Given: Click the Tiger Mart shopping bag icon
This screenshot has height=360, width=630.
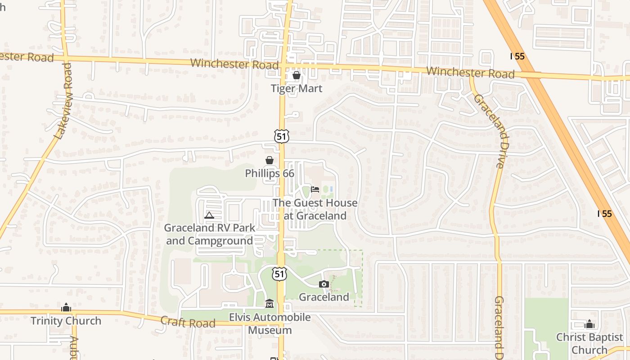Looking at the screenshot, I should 297,75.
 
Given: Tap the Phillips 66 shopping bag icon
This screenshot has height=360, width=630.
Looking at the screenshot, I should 269,160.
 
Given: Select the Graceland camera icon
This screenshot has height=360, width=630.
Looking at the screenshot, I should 324,284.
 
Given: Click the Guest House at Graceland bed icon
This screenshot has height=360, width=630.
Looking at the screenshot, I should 315,189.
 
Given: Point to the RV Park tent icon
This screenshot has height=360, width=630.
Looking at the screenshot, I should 209,215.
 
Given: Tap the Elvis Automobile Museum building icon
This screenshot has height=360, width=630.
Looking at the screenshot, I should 270,304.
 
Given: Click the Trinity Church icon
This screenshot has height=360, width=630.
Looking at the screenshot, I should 66,308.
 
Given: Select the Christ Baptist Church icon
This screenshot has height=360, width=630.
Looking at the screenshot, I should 589,324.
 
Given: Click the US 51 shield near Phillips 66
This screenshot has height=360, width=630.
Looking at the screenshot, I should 281,136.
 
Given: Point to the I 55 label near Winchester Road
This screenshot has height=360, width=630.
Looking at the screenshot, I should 517,56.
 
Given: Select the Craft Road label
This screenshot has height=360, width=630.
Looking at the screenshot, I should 188,322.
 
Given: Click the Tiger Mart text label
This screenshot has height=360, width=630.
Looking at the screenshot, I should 297,88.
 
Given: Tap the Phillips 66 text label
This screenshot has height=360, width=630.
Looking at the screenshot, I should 270,173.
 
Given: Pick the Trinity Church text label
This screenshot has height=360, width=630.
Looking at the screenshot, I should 66,321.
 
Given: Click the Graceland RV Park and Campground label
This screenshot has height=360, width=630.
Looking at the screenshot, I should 209,234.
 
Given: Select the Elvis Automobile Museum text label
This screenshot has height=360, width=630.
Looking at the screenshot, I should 270,324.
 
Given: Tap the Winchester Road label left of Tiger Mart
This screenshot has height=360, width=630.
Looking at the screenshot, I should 234,64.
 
